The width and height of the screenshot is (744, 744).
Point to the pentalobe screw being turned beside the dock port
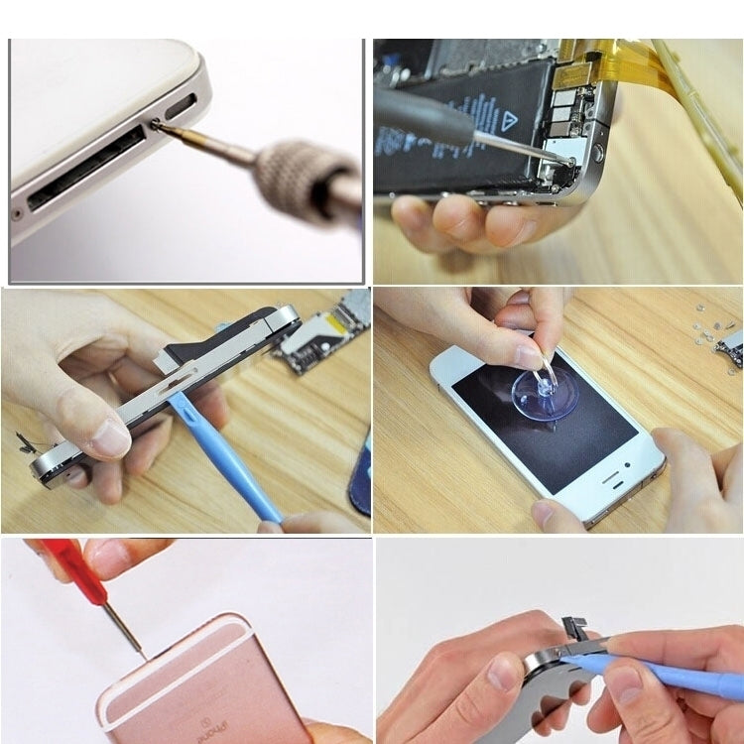[157, 122]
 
